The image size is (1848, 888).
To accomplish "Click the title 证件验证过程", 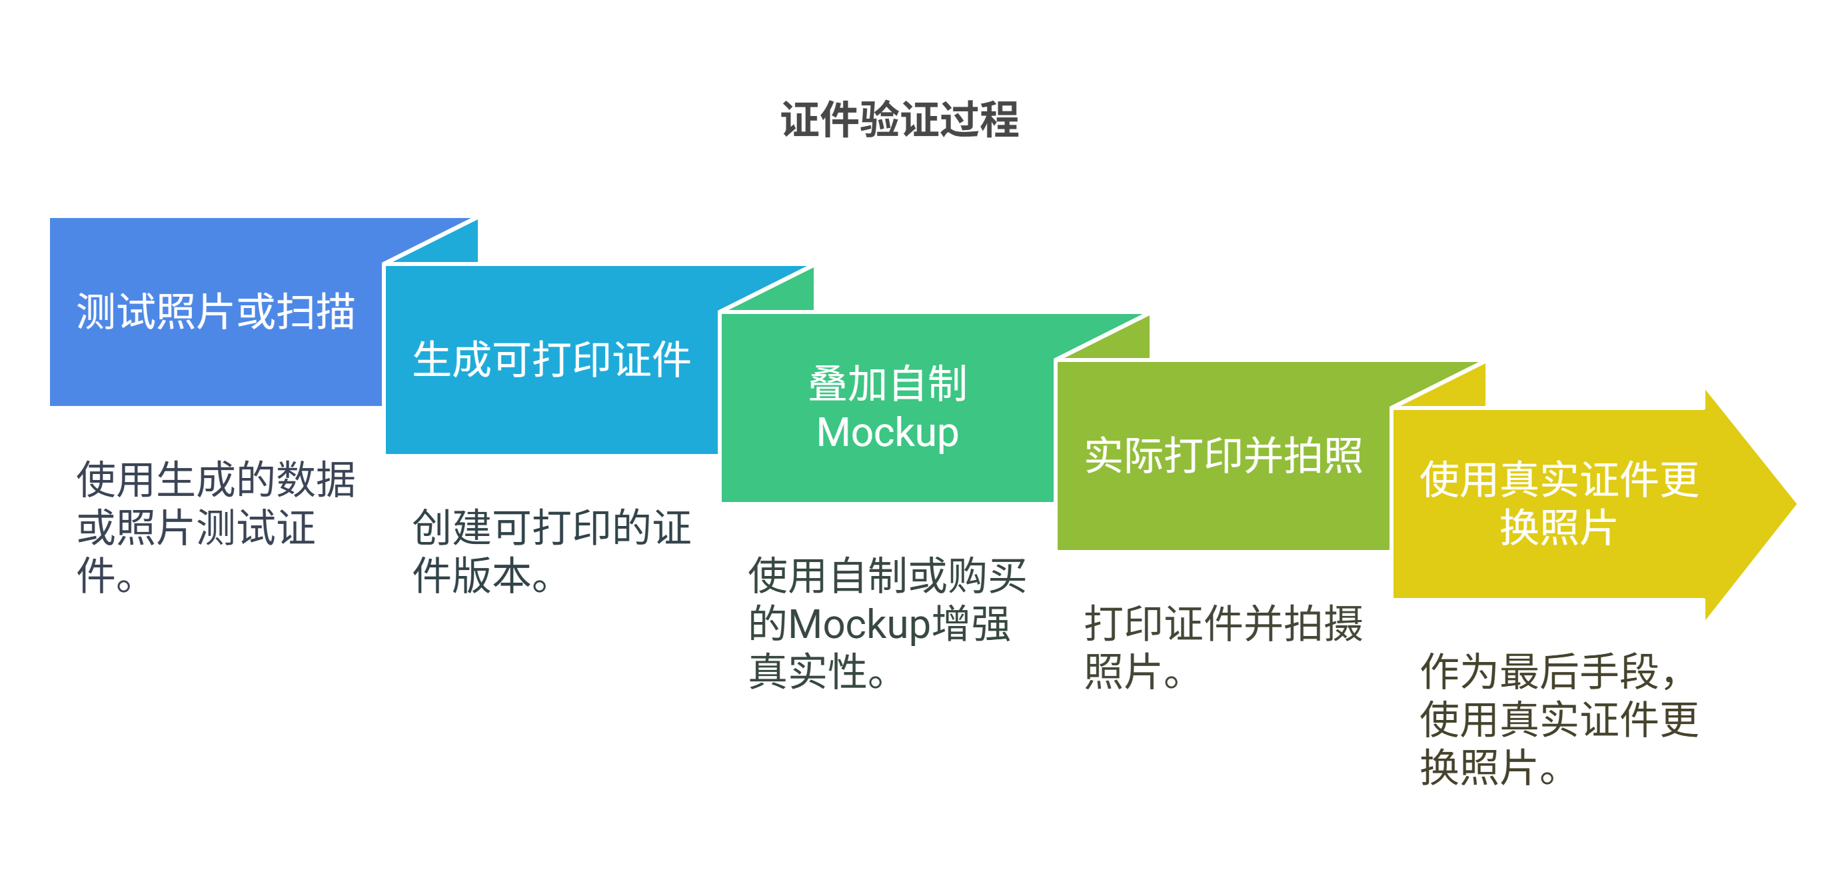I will pyautogui.click(x=900, y=119).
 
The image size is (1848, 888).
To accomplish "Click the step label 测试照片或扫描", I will pyautogui.click(x=215, y=311).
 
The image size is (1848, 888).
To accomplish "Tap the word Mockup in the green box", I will pyautogui.click(x=888, y=433).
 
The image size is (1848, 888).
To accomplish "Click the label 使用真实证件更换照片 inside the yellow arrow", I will pyautogui.click(x=1558, y=503).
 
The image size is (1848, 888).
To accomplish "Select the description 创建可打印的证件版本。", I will pyautogui.click(x=551, y=551).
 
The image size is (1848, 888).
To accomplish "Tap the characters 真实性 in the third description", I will pyautogui.click(x=807, y=672).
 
